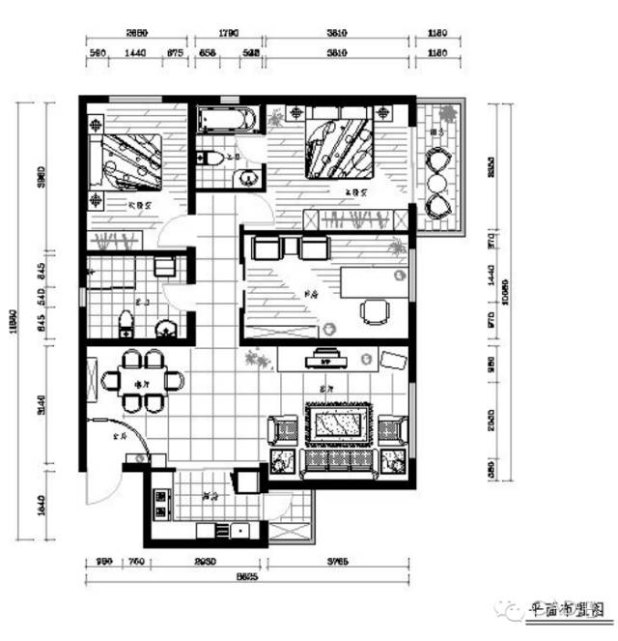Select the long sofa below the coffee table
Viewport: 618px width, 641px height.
[x=337, y=461]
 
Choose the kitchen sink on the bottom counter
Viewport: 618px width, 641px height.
[x=236, y=530]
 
